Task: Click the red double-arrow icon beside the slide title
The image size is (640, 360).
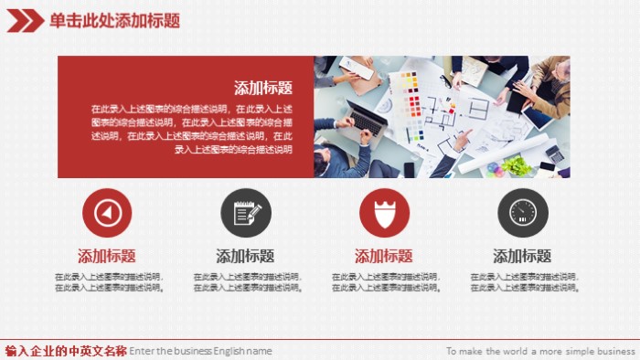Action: click(x=24, y=19)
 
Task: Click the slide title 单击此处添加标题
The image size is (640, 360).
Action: click(x=114, y=20)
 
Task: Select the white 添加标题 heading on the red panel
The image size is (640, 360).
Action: click(x=263, y=88)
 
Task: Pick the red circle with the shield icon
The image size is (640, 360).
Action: click(x=384, y=213)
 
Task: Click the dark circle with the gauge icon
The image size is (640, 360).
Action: click(x=522, y=213)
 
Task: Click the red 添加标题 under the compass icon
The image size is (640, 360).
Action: click(x=107, y=256)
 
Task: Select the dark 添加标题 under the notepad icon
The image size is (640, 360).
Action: click(x=245, y=256)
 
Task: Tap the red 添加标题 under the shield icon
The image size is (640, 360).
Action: click(x=383, y=256)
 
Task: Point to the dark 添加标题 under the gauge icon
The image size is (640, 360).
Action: click(x=522, y=256)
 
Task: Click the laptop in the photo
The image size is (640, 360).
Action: click(x=366, y=118)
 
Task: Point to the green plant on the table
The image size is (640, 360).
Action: click(x=517, y=165)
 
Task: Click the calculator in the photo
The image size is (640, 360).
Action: click(x=554, y=154)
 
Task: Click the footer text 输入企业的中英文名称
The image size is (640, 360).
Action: click(x=66, y=351)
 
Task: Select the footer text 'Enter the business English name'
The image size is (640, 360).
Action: click(x=201, y=351)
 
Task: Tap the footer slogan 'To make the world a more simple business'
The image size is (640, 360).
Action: click(x=539, y=351)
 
